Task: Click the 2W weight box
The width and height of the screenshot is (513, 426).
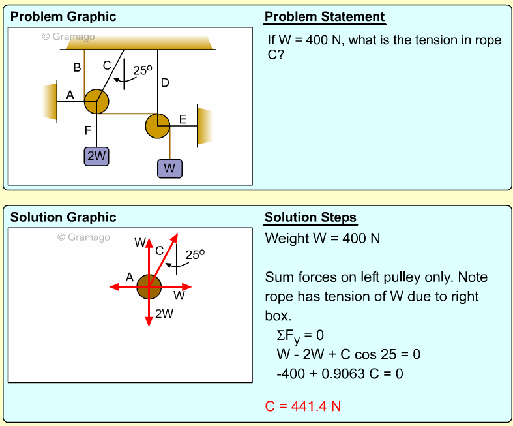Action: coord(96,156)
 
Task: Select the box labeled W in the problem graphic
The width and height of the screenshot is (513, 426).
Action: coord(169,168)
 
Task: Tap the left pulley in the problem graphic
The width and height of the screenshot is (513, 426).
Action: coord(96,101)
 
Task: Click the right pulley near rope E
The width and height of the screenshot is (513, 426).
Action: coord(157,125)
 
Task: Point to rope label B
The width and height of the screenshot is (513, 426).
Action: coord(77,67)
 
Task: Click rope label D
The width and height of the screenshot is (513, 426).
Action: coord(165,83)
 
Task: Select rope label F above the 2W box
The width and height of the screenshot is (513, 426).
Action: coord(88,130)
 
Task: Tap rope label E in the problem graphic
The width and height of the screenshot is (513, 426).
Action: coord(183,119)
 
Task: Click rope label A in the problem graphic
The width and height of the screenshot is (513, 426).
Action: coord(70,95)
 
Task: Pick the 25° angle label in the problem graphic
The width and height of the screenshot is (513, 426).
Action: coord(143,70)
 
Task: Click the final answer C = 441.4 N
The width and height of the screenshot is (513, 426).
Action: coord(302,406)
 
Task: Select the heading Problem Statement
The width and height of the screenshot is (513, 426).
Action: coord(325,17)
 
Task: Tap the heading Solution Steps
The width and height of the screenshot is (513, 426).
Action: coord(310,217)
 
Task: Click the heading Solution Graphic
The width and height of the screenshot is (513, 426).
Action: coord(63,217)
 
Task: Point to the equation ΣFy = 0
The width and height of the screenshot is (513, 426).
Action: coord(300,335)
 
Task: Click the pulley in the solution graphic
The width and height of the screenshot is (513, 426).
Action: coord(149,286)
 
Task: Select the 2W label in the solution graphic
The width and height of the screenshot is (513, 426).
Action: coord(164,313)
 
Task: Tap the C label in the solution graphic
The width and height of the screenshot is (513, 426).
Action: coord(159,250)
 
